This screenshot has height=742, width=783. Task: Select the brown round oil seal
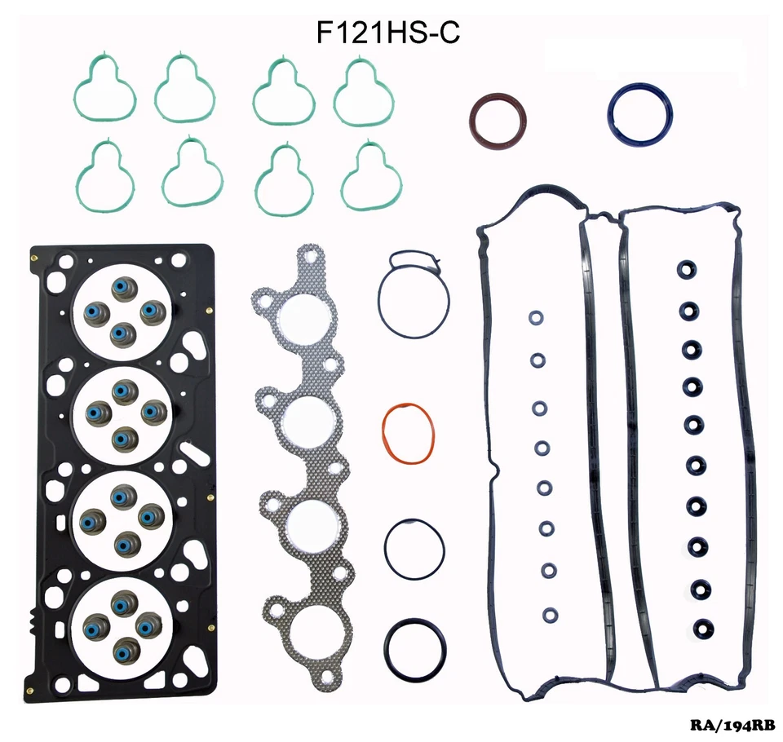tap(498, 121)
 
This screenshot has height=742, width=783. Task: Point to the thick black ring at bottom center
tap(415, 644)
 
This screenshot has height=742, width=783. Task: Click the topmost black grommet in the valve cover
tap(688, 271)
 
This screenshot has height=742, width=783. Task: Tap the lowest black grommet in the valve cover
tap(701, 629)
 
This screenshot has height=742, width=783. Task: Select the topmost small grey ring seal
tap(536, 318)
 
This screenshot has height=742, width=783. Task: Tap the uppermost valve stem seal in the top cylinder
tap(123, 289)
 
